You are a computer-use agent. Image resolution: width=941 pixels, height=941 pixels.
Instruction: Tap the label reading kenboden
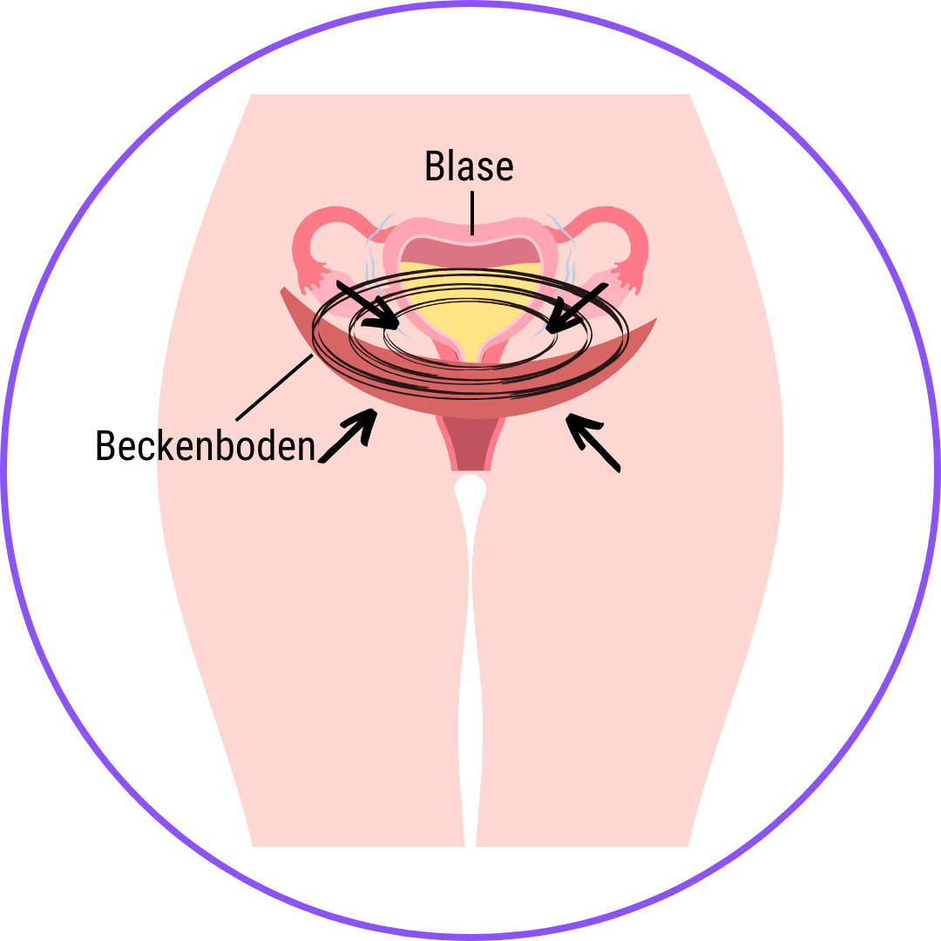pyautogui.click(x=235, y=445)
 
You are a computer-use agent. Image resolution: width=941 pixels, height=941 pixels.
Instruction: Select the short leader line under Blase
pyautogui.click(x=471, y=212)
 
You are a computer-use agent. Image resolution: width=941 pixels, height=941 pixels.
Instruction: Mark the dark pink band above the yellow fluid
pyautogui.click(x=470, y=250)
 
